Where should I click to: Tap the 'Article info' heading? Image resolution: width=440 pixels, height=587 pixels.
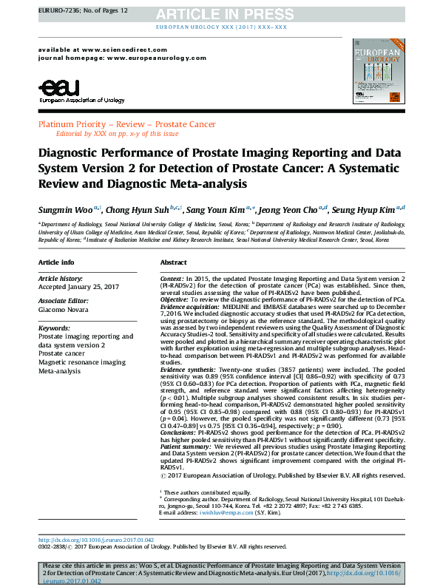coord(56,262)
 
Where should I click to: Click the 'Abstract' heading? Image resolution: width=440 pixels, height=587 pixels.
coord(173,262)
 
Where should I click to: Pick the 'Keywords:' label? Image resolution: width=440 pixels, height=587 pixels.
coord(53,327)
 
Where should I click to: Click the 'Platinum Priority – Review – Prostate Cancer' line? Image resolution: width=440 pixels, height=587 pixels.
coord(127,125)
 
